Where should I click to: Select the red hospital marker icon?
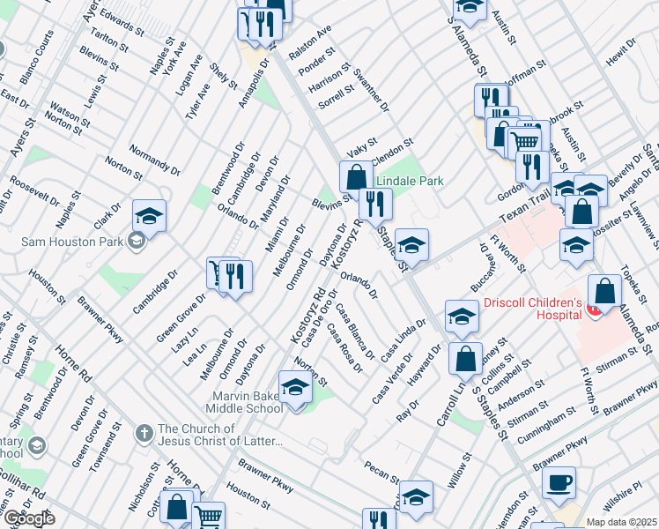coord(594,309)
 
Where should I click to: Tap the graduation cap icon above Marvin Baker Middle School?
coord(295,387)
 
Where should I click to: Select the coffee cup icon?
coord(559,482)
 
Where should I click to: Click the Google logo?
coord(28,518)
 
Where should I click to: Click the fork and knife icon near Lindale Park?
coord(376,204)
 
